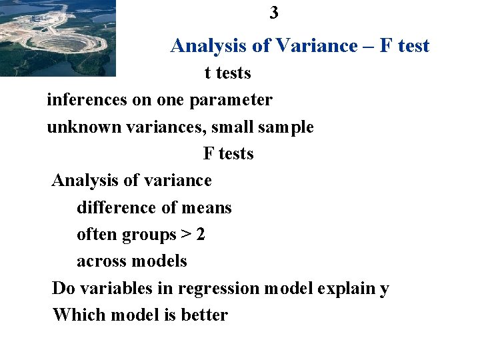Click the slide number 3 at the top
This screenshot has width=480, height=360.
274,13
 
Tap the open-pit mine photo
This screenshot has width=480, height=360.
58,37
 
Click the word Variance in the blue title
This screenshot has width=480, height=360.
317,45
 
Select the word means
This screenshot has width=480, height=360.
206,207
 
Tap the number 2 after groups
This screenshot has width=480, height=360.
201,235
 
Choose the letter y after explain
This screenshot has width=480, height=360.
384,290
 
